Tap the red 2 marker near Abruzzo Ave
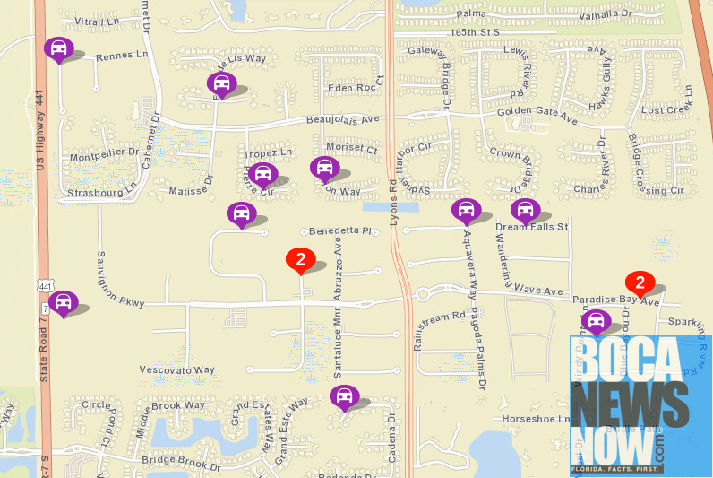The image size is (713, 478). tap(300, 259)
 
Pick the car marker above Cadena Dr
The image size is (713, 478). tap(343, 395)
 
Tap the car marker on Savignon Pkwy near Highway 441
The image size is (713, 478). tap(63, 302)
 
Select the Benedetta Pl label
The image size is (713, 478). tap(339, 230)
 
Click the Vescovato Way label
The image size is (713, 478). tap(177, 369)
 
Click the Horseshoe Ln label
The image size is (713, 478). tap(537, 419)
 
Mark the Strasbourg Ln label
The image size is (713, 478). tap(100, 191)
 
